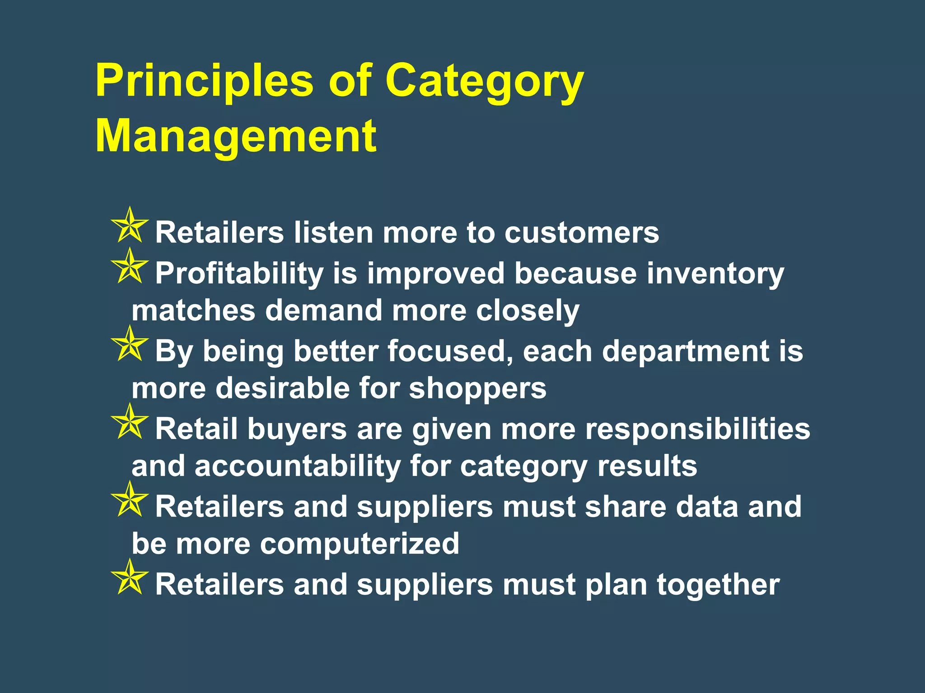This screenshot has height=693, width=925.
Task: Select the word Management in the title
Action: [x=236, y=136]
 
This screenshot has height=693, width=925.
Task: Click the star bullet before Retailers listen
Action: [x=130, y=226]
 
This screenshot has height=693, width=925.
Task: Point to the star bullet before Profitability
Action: [x=130, y=267]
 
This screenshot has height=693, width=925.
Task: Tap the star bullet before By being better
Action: [x=130, y=344]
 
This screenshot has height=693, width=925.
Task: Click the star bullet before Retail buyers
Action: [x=130, y=422]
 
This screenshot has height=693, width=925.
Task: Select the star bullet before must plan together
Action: [x=130, y=578]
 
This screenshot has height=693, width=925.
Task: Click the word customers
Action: [x=582, y=233]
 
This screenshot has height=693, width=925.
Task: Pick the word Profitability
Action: [x=239, y=274]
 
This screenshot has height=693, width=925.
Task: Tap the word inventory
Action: [x=715, y=274]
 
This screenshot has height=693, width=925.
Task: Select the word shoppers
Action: [x=478, y=389]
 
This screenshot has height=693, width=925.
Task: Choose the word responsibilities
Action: [x=698, y=429]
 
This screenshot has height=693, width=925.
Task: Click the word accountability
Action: [x=297, y=466]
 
